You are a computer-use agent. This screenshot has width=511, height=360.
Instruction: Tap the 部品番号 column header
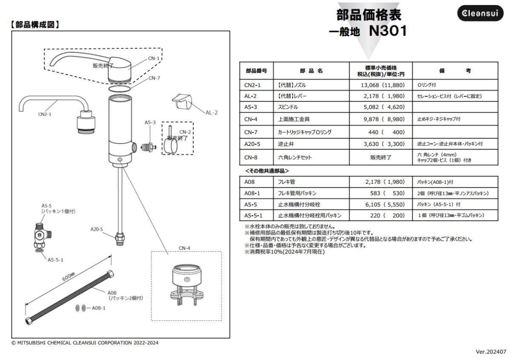(x=256, y=71)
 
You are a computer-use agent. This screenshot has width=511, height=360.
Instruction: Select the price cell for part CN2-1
(x=381, y=85)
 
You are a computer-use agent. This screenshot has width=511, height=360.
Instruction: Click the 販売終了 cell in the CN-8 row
(x=381, y=157)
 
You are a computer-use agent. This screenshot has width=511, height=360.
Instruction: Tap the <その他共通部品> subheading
(x=267, y=171)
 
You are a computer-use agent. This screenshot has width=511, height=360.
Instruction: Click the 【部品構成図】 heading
(x=34, y=25)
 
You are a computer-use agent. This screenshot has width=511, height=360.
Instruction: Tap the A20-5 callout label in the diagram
(x=97, y=229)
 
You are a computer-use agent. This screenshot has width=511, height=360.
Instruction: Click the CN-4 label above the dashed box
(x=184, y=247)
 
